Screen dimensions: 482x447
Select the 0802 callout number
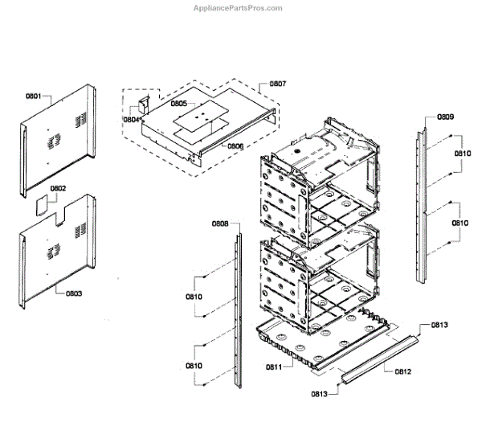pos(59,190)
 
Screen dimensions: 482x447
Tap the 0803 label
pos(73,293)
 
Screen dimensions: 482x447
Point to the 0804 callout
pos(132,119)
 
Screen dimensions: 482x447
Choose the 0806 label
pos(235,146)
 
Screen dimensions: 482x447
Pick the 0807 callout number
pos(277,84)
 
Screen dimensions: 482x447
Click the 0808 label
pos(220,223)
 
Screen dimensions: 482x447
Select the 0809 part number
pos(446,117)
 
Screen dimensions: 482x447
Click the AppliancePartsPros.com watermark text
pos(239,8)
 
